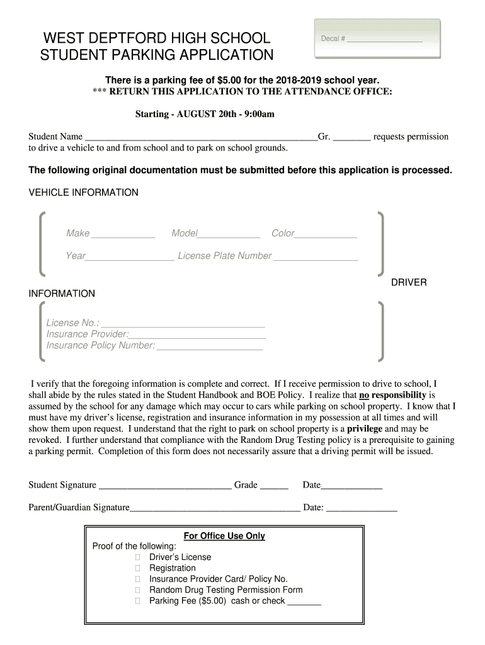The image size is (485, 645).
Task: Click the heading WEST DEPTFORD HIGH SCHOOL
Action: pos(156,38)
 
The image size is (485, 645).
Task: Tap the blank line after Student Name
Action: pos(201,137)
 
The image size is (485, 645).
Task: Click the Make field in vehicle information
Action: pos(123,234)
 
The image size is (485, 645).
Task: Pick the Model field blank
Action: pos(229,234)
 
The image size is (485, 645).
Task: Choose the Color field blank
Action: pos(326,234)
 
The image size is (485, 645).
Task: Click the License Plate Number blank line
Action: pos(316,256)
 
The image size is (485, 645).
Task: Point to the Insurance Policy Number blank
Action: pos(210,346)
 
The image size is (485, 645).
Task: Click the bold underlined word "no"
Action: pos(364,396)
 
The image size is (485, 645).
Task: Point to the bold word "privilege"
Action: pos(365,428)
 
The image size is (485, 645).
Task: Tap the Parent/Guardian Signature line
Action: pos(215,508)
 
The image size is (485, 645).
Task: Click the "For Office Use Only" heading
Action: pos(224,536)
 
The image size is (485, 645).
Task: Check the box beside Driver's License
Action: pos(138,557)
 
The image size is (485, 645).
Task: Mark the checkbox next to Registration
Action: pos(138,568)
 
